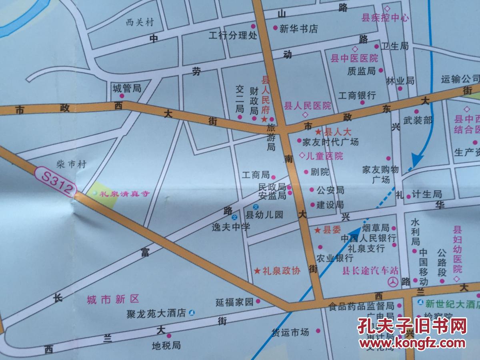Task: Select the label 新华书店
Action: tap(298, 29)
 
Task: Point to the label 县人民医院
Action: tap(307, 106)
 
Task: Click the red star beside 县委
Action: tap(317, 230)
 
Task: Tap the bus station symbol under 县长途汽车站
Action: tap(393, 282)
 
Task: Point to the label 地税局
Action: tap(166, 345)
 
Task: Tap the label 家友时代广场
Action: tap(330, 142)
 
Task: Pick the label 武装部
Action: tap(418, 120)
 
